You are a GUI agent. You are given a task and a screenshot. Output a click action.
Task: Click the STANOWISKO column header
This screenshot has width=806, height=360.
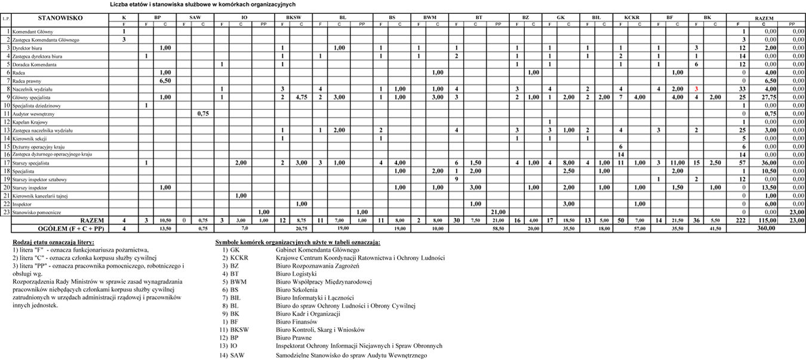(x=60, y=18)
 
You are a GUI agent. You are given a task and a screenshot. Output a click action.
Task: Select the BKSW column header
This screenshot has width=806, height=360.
(x=293, y=18)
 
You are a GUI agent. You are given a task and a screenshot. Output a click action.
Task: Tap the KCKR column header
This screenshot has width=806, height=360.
(x=631, y=18)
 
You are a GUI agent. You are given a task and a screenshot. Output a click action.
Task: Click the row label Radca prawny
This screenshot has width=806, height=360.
(x=24, y=81)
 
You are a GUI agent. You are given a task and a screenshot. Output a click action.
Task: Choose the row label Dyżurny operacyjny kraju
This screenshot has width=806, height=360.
(x=38, y=146)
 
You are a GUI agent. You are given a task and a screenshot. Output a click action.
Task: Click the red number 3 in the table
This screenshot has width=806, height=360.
(x=696, y=89)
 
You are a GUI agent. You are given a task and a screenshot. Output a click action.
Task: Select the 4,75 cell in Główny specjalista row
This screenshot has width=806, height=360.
(x=302, y=97)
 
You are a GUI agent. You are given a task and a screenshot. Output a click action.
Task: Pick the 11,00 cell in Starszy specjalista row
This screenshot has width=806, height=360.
(x=677, y=163)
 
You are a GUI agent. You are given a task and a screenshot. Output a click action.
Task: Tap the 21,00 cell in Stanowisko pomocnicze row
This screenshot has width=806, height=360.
(x=498, y=212)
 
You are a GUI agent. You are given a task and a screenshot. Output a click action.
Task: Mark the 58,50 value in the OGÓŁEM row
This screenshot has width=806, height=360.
(x=498, y=228)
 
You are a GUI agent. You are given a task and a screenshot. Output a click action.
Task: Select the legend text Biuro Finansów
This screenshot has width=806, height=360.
(x=296, y=321)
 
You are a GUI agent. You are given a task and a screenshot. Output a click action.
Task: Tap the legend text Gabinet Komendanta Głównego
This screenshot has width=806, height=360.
(x=317, y=250)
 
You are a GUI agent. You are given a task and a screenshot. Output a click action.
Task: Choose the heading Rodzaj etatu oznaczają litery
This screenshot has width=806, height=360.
(x=53, y=242)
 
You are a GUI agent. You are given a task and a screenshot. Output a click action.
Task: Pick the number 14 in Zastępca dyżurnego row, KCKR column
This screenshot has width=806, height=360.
(x=621, y=155)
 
